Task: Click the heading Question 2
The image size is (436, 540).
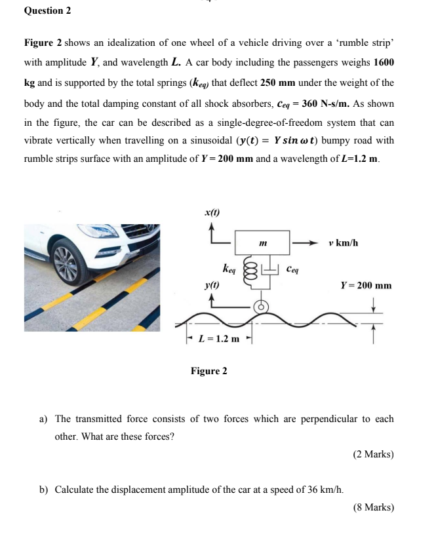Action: click(x=47, y=11)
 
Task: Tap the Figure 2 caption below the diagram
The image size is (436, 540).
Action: click(x=208, y=372)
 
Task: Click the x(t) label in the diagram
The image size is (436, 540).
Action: click(x=212, y=213)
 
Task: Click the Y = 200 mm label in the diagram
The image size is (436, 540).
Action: click(x=366, y=286)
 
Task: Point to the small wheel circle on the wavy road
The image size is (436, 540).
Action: click(x=261, y=305)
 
